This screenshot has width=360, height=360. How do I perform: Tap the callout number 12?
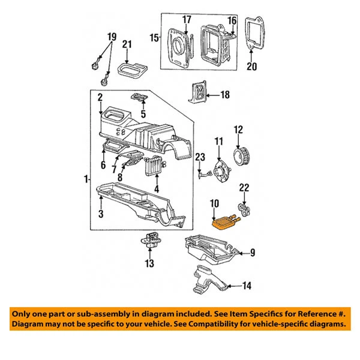pos(238,129)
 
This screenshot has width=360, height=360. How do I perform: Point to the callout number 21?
pos(127,44)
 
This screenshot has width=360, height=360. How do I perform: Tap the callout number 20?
pos(252,67)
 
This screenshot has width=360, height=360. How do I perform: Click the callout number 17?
pos(187,19)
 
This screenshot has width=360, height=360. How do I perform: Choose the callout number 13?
pos(149,263)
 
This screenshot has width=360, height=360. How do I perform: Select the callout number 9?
pos(252,253)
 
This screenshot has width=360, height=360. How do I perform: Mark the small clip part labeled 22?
pos(244,208)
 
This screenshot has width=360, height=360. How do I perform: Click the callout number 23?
pos(197,157)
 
